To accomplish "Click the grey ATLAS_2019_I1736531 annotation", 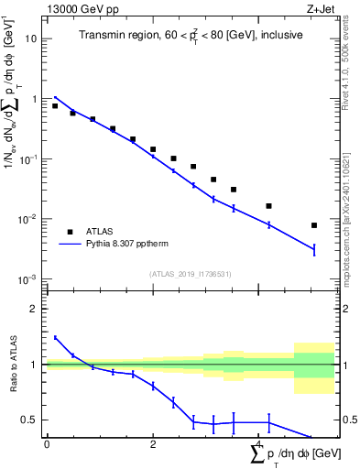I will pyautogui.click(x=191, y=273).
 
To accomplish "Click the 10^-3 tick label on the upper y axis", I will pyautogui.click(x=28, y=278).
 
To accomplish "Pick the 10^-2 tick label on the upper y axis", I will pyautogui.click(x=28, y=219).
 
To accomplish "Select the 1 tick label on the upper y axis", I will pyautogui.click(x=35, y=99).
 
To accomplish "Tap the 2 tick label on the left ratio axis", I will pyautogui.click(x=35, y=309).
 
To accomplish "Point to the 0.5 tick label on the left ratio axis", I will pyautogui.click(x=30, y=420).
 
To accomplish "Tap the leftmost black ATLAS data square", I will pyautogui.click(x=55, y=106).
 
